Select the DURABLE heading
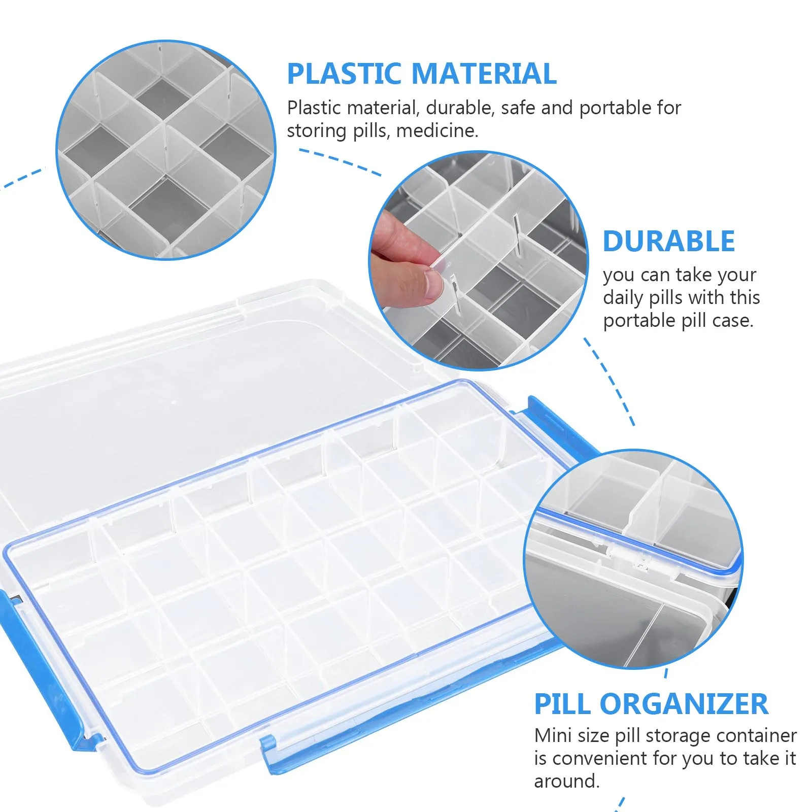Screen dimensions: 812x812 668,242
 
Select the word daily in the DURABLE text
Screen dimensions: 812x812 623,298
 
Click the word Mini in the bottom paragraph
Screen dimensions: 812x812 553,735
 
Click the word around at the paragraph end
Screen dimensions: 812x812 566,781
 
